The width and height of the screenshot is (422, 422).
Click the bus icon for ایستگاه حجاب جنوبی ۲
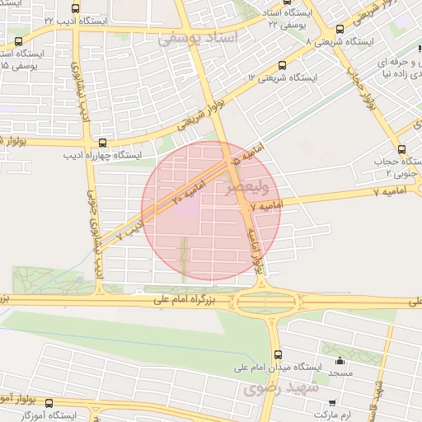(401, 149)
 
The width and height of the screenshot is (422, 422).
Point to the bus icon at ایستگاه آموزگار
(49, 404)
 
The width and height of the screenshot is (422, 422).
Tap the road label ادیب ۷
(129, 229)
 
